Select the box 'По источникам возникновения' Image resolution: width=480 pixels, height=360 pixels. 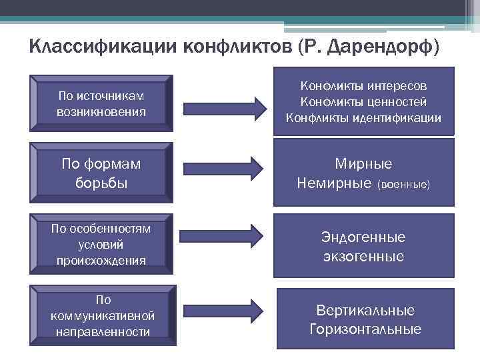(x=101, y=103)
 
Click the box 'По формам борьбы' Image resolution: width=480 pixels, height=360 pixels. (x=101, y=173)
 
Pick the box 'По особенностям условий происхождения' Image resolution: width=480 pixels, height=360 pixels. (x=101, y=245)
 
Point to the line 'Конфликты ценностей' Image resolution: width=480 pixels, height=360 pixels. (x=364, y=102)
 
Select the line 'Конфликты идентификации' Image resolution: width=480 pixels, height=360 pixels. (x=364, y=118)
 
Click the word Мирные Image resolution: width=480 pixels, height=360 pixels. (x=364, y=164)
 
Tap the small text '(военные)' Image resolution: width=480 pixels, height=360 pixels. (x=405, y=183)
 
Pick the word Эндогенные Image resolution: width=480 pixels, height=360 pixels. (x=364, y=237)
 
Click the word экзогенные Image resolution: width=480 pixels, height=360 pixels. (x=364, y=256)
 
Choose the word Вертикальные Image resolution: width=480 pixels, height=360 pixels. (x=365, y=311)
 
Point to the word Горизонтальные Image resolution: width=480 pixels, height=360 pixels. (x=365, y=329)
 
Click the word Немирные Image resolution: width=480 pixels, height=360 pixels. (x=335, y=182)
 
